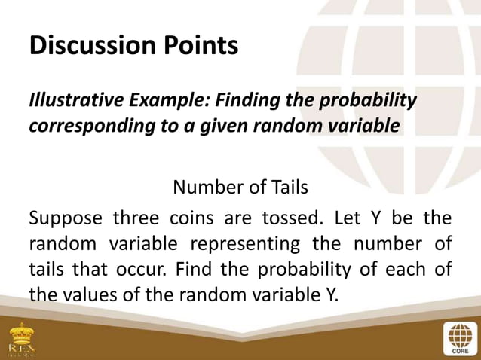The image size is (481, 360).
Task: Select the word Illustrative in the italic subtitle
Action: (x=67, y=100)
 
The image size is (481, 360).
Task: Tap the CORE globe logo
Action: (x=458, y=339)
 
